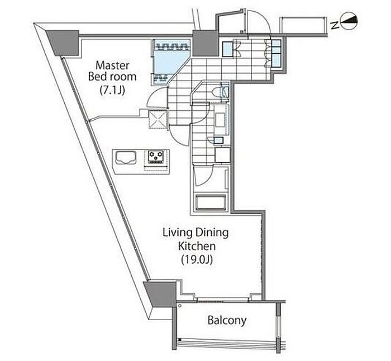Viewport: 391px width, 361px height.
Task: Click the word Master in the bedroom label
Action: [112, 65]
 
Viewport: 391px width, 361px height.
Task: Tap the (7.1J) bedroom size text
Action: [112, 90]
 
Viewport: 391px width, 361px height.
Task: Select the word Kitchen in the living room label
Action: [197, 246]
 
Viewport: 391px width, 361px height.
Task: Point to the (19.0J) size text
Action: [197, 260]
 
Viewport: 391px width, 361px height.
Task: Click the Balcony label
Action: [227, 320]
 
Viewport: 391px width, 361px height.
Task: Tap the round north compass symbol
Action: [349, 21]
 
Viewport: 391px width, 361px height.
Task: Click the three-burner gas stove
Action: [156, 157]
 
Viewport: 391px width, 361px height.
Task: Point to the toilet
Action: [221, 92]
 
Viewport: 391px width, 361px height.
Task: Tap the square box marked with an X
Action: [158, 119]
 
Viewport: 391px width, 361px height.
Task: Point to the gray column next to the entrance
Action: [206, 43]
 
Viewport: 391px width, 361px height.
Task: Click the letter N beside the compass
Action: [335, 25]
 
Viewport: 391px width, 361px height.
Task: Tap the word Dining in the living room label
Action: [212, 233]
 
